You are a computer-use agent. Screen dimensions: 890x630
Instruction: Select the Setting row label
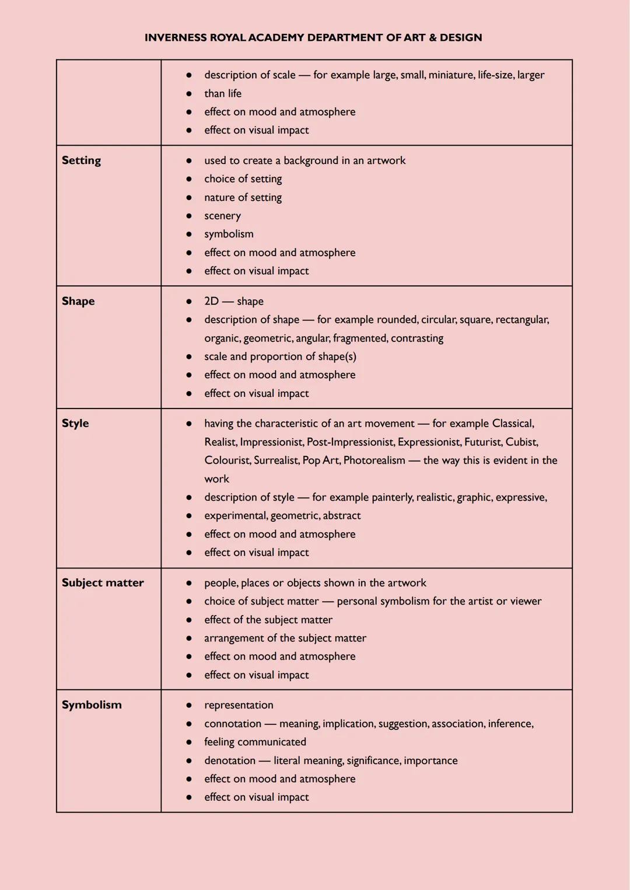tap(81, 160)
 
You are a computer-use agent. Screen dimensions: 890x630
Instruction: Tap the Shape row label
tap(78, 301)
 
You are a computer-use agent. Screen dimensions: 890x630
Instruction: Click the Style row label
tap(75, 423)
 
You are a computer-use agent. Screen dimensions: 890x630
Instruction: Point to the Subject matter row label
tap(103, 582)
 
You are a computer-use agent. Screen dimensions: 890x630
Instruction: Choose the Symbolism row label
tap(92, 705)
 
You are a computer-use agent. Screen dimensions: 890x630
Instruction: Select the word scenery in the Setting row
tap(222, 216)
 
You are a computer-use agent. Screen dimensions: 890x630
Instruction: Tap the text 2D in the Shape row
tap(211, 301)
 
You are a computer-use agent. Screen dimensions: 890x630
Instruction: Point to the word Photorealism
tap(374, 460)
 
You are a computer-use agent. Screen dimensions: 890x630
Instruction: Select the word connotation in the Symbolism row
tap(233, 724)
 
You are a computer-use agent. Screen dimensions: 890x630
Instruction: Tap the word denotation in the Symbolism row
tap(230, 760)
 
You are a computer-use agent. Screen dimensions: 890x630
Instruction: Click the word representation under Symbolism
tap(239, 705)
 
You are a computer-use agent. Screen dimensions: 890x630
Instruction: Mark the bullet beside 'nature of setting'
tap(189, 198)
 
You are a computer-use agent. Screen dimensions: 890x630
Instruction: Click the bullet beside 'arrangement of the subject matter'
tap(189, 638)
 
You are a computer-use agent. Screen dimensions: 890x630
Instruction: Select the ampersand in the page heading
tap(432, 38)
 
